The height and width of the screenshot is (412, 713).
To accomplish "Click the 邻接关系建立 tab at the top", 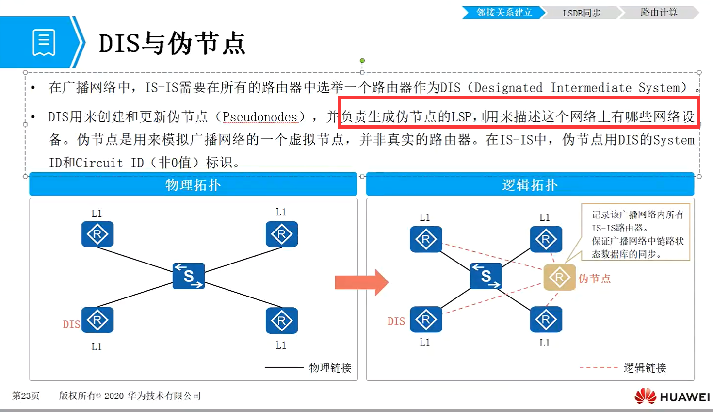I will pos(504,13).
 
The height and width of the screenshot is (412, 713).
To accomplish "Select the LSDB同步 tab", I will pos(582,13).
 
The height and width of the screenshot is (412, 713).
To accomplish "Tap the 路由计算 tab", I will pos(659,13).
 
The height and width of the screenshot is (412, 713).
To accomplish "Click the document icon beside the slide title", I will pos(44,43).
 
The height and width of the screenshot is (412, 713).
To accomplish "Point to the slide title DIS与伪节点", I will pos(172,44).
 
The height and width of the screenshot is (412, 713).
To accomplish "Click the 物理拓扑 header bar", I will pos(193,185).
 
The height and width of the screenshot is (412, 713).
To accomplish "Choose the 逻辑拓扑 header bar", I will pos(530,185).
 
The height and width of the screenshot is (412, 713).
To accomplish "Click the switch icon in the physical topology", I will pos(189,276).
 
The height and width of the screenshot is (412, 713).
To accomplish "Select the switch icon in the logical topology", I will pos(486,276).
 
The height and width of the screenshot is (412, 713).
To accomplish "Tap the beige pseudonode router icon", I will pos(559,278).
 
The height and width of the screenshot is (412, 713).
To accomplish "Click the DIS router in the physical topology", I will pos(97,320).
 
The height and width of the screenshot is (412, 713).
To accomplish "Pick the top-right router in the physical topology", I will pos(281,234).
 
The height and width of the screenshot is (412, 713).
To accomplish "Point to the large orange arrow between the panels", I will pos(361,282).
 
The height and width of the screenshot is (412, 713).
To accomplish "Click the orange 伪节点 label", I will pos(594,279).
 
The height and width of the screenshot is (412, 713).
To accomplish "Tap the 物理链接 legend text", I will pos(330,368).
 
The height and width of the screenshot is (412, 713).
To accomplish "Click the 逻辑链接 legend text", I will pos(645,368).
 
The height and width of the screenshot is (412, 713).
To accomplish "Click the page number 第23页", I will pos(26,396).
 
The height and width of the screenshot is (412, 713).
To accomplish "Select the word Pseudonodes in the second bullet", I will pos(259,117).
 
